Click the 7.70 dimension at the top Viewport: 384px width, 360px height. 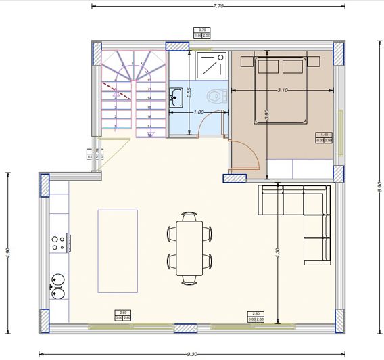pos(218,5)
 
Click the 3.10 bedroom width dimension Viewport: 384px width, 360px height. pos(283,90)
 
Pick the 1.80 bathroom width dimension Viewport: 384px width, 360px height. pos(199,112)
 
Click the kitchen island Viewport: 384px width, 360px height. pos(118,250)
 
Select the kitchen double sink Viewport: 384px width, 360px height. pos(57,285)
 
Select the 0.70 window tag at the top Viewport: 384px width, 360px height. pos(202,32)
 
